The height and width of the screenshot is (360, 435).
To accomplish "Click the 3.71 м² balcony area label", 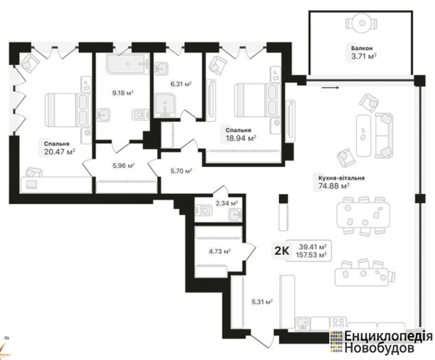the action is [x=363, y=57].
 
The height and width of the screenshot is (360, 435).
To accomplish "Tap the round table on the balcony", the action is [x=362, y=23].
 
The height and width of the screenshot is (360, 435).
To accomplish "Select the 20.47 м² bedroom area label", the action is [x=59, y=152].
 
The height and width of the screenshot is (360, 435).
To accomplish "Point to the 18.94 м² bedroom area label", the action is [x=241, y=138].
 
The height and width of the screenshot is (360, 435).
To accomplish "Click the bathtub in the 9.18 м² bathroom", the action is [x=127, y=64].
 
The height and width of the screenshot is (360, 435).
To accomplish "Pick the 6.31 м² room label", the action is [x=181, y=84].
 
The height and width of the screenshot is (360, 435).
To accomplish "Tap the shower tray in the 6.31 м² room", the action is [x=165, y=105].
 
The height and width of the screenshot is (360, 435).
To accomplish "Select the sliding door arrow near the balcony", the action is [x=330, y=88].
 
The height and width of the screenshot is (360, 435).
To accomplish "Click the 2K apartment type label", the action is [x=281, y=251].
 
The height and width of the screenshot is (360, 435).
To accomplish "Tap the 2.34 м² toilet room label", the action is [x=227, y=203].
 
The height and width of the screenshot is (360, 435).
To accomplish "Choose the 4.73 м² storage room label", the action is [x=220, y=252].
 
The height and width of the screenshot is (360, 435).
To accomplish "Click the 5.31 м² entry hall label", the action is [x=262, y=301].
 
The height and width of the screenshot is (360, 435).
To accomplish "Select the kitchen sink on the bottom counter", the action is [x=303, y=324].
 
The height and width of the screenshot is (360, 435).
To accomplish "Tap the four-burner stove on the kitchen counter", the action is [x=338, y=323].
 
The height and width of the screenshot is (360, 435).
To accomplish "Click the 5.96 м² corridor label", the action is [x=124, y=166].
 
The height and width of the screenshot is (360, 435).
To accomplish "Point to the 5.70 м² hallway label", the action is [x=182, y=171].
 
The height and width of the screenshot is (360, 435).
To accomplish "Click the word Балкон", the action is [x=362, y=48].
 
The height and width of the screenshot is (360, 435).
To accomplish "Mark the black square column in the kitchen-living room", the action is [x=283, y=198].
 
